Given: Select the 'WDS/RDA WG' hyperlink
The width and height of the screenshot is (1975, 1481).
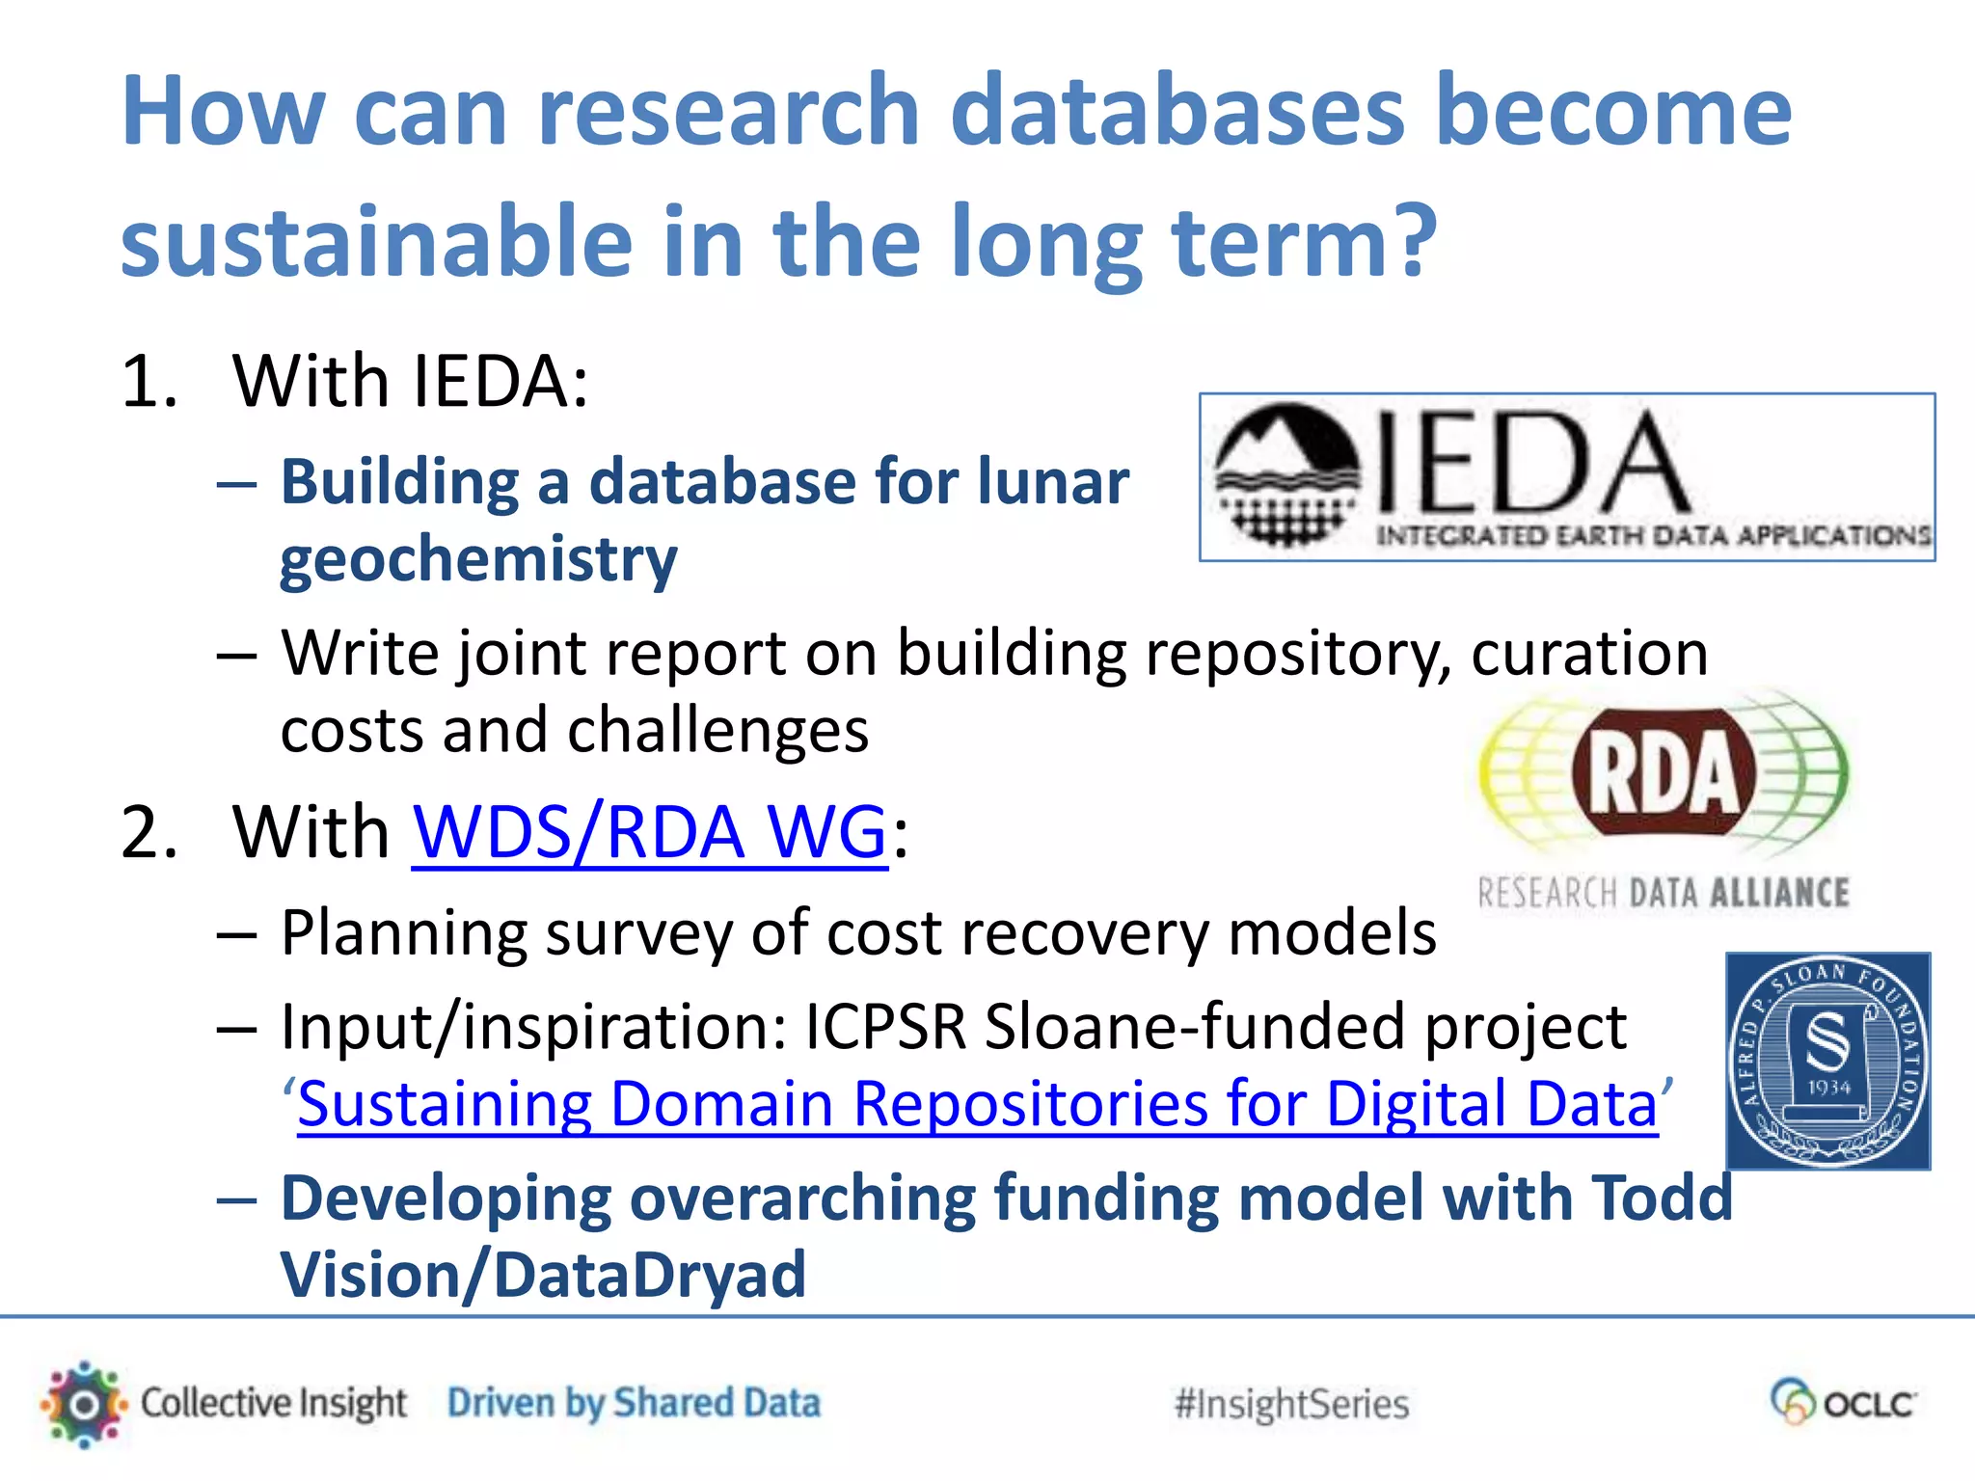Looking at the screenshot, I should tap(650, 831).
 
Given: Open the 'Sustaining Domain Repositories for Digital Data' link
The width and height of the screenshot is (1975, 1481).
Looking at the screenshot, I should tap(977, 1103).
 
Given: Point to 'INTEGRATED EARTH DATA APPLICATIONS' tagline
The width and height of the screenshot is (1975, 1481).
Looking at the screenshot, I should tap(1653, 536).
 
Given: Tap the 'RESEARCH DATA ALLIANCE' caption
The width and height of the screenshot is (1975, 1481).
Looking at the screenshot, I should tap(1664, 893).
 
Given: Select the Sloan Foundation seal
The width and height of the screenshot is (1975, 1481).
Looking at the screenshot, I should tap(1827, 1061).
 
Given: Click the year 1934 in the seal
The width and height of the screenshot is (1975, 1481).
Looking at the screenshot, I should tap(1828, 1088).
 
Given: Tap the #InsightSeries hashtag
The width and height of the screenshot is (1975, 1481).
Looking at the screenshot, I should tap(1291, 1404).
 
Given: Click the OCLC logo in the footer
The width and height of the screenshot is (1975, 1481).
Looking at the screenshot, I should tap(1843, 1402).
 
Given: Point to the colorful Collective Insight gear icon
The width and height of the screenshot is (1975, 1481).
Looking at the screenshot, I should tap(85, 1404).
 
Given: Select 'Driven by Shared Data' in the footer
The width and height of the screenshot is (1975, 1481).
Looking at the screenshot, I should tap(634, 1403).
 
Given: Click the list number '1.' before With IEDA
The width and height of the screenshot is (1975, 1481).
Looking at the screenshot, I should tap(149, 382).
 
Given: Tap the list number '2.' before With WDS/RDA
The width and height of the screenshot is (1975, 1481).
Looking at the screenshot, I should tap(149, 832).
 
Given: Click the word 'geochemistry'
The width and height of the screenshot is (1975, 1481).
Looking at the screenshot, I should tap(478, 559).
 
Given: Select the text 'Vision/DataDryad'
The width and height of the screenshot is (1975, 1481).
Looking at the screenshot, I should tap(543, 1275).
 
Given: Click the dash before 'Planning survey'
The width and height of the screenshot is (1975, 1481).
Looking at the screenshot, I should tap(237, 934).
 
